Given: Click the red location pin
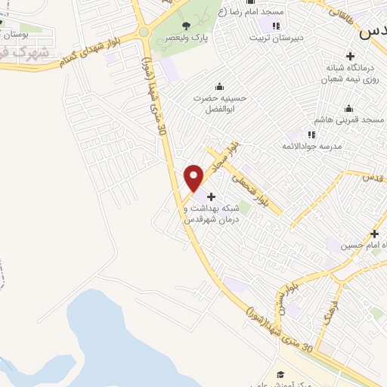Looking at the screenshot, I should (194, 177).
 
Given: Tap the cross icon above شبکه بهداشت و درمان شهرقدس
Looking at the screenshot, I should (210, 197).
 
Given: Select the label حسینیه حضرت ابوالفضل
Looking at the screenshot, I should (220, 102).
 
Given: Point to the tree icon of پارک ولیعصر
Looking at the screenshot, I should (186, 26).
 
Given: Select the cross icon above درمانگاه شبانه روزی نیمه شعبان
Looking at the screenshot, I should (349, 55).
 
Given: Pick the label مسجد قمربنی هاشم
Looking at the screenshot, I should (352, 120).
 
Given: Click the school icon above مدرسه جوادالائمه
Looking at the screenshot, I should (311, 134).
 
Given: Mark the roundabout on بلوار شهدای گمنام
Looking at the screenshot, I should (143, 32).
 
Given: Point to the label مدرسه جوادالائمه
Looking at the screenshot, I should (312, 145).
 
